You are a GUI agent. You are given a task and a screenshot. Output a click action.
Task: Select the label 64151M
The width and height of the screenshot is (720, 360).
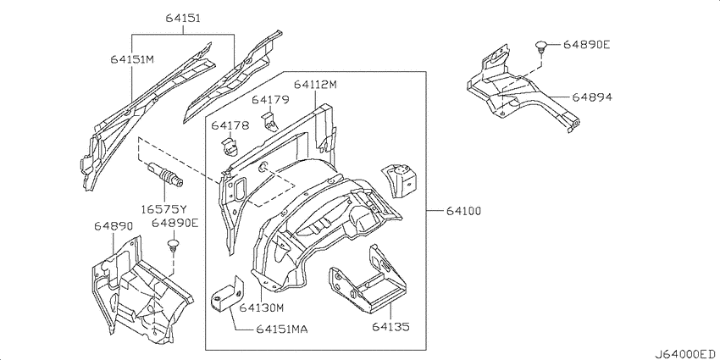tap(132, 59)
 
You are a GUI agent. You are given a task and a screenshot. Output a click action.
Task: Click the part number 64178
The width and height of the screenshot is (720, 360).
tap(230, 126)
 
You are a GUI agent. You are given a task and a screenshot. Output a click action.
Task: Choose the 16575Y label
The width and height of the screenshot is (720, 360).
tap(164, 206)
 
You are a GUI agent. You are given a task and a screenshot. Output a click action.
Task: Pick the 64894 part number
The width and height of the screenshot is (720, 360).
tap(592, 97)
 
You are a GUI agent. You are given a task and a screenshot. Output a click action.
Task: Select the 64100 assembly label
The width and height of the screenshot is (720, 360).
tap(462, 210)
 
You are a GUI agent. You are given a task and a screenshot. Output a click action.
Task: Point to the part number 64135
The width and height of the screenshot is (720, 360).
tap(390, 325)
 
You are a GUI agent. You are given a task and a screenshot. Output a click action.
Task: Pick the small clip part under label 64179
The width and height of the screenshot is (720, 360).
tap(270, 122)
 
